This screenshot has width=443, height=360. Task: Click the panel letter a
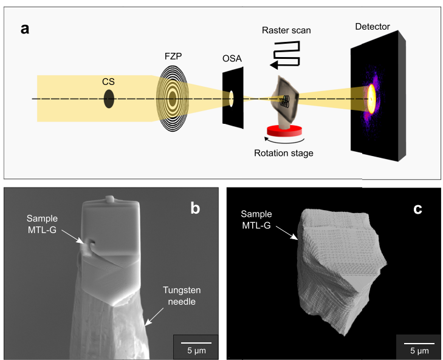(x=24, y=28)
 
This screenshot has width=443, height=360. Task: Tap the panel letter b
(x=195, y=208)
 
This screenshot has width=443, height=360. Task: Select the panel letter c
(x=417, y=209)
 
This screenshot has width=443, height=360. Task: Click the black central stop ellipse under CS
(x=109, y=98)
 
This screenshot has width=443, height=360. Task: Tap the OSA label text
(x=233, y=58)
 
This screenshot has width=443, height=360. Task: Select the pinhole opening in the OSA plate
(x=231, y=96)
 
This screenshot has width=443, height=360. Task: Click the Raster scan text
(x=286, y=30)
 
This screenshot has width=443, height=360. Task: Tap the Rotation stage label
(x=284, y=153)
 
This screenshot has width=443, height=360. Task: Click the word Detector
(x=373, y=27)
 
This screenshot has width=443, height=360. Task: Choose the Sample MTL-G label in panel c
(x=262, y=219)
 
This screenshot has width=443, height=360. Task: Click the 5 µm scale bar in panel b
(x=193, y=349)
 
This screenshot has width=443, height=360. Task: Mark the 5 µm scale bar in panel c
(x=416, y=349)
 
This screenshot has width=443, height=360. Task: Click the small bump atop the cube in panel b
(x=110, y=199)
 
